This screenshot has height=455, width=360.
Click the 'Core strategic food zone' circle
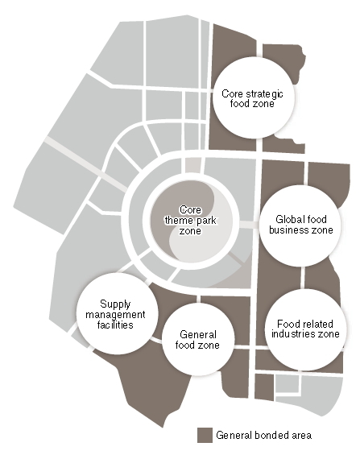[x=253, y=97]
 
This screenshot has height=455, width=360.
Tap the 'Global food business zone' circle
[x=300, y=225]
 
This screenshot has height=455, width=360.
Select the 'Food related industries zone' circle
[x=305, y=329]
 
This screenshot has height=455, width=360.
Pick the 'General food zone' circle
[x=198, y=340]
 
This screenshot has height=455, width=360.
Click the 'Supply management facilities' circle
[x=118, y=313]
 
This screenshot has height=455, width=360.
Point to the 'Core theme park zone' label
[x=190, y=220]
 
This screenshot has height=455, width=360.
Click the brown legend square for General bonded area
[x=205, y=435]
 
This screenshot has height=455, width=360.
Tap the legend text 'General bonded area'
[x=263, y=435]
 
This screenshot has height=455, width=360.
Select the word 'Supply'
[x=115, y=304]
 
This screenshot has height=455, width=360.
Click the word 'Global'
[x=287, y=219]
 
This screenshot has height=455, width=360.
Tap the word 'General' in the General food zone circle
[x=198, y=334]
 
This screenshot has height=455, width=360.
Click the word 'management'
[x=115, y=315]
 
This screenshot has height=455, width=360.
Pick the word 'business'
[x=285, y=230]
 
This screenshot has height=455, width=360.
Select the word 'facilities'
[x=115, y=325]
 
